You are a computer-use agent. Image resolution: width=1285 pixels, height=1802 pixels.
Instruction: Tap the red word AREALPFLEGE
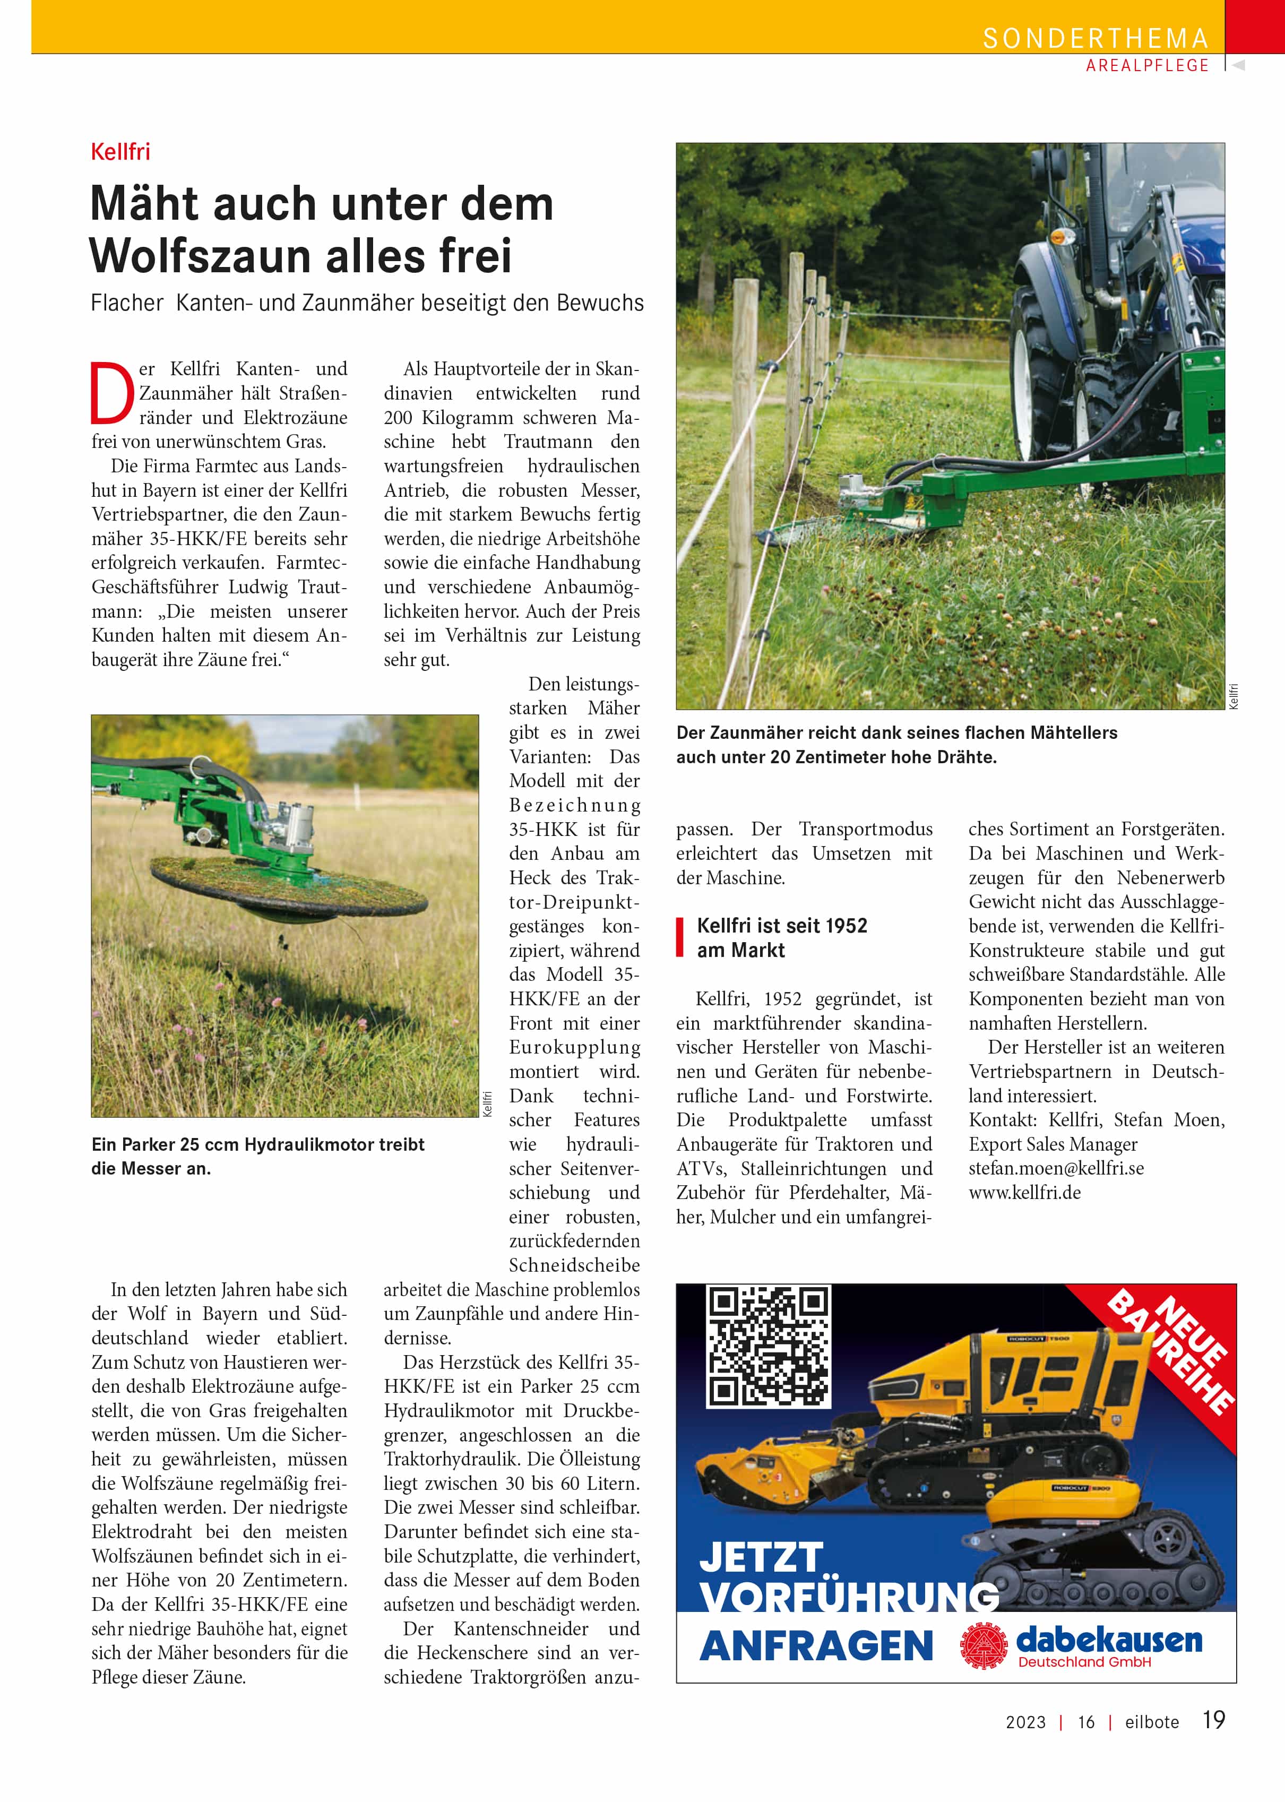[1148, 66]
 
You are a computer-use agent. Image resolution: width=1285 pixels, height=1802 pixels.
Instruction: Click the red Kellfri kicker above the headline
[120, 151]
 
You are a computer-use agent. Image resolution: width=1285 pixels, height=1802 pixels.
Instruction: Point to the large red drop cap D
[111, 392]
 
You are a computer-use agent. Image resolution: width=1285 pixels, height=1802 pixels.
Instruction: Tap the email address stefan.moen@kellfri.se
[1056, 1168]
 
